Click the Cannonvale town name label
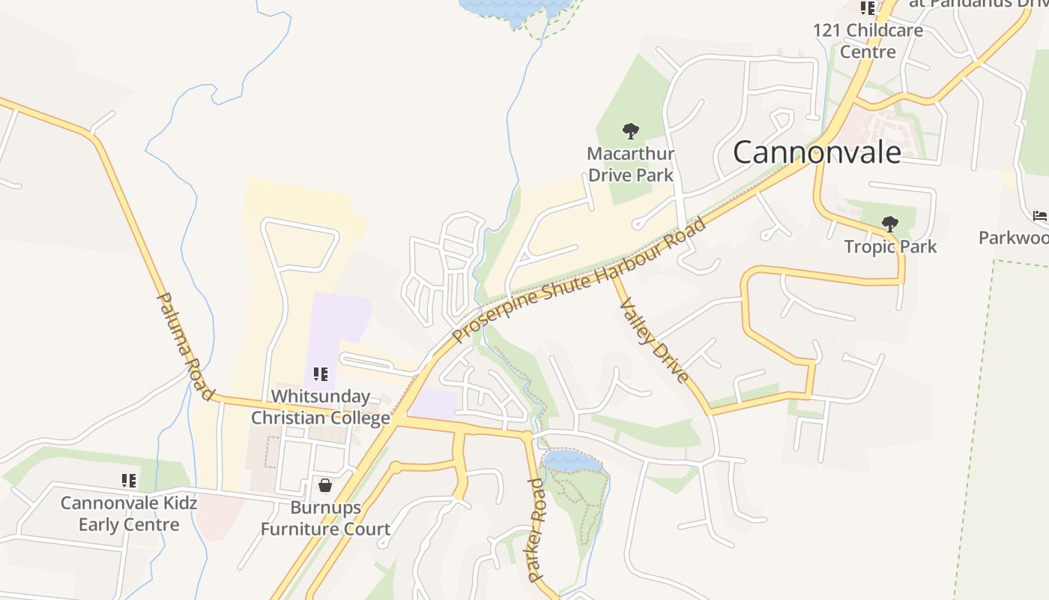817,152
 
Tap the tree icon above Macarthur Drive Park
631,131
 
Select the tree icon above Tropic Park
889,223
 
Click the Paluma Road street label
185,346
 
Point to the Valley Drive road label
652,331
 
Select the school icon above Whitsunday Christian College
321,373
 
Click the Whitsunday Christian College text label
321,406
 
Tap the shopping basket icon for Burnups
325,485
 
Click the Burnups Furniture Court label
325,518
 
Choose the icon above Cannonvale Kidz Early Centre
129,480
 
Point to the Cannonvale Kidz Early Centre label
129,513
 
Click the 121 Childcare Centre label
868,41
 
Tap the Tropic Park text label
890,247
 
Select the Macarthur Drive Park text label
630,164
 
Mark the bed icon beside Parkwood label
1040,216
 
